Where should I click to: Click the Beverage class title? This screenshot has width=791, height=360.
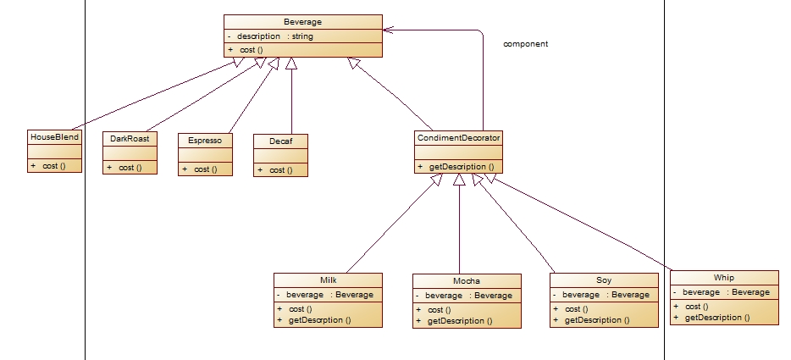click(302, 22)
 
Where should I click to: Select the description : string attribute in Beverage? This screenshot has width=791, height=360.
click(275, 36)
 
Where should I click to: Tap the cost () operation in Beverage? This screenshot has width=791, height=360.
click(252, 50)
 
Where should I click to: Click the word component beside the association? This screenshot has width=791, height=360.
click(526, 44)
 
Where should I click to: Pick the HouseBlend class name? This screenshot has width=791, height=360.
click(54, 137)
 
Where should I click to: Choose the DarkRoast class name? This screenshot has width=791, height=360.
click(130, 139)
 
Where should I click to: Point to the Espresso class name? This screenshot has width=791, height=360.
click(205, 141)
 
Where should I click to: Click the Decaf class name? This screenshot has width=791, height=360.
click(280, 141)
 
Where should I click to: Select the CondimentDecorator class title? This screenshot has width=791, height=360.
click(458, 137)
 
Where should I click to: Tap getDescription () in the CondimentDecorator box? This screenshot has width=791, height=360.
click(462, 167)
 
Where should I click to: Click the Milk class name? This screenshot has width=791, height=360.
click(329, 280)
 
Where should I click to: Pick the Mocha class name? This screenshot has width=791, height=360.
click(467, 280)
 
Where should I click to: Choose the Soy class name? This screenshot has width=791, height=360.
click(604, 280)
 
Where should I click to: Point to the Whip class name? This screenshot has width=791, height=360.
click(724, 277)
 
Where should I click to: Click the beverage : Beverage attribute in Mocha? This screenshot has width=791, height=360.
click(468, 296)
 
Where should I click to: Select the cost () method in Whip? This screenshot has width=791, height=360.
click(697, 307)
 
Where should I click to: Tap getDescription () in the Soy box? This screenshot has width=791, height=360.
click(597, 319)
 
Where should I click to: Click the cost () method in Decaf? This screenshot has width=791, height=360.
click(281, 170)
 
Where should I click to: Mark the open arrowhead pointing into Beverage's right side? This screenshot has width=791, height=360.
click(387, 30)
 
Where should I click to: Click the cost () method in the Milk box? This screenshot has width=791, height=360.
click(300, 309)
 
